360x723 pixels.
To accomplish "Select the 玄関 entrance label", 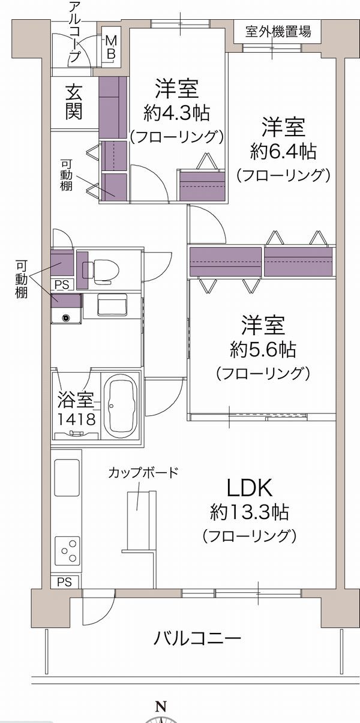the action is click(x=74, y=103).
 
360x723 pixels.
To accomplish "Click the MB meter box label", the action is click(x=111, y=47).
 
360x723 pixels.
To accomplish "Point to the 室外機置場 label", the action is click(x=278, y=31).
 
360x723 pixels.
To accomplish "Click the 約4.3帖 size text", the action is click(x=177, y=113).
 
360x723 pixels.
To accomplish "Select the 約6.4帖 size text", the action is click(x=283, y=152).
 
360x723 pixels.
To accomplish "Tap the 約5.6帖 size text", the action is click(x=263, y=350).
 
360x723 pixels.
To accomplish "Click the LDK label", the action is click(x=250, y=488).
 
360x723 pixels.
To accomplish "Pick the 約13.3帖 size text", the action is click(x=249, y=512).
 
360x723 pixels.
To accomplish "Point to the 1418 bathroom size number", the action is click(x=77, y=419).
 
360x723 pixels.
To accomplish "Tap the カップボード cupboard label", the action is click(x=143, y=473).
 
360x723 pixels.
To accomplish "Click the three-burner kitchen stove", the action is click(x=67, y=551).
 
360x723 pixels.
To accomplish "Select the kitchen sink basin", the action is click(x=67, y=478).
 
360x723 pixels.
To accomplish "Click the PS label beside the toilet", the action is click(x=62, y=284).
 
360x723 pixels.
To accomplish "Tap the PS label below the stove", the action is click(x=65, y=582).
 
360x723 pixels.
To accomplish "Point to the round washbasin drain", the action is click(x=66, y=318).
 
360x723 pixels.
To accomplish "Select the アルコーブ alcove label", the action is click(x=74, y=32).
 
